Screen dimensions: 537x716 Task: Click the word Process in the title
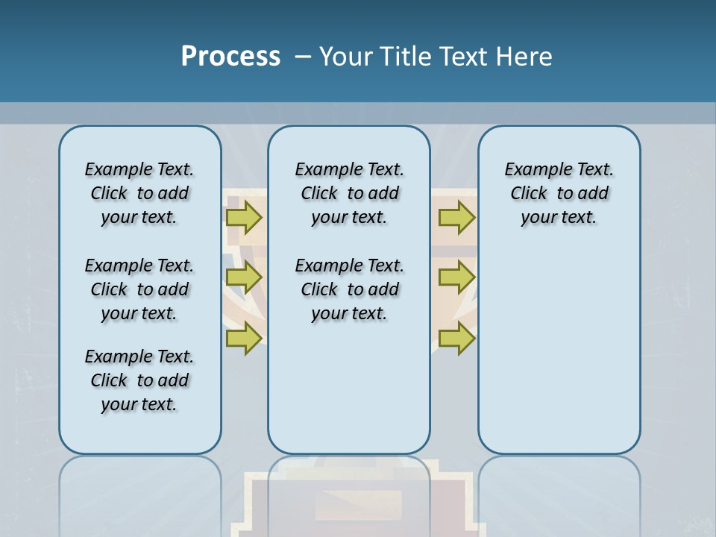click(230, 57)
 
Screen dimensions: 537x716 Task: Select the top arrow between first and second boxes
click(244, 217)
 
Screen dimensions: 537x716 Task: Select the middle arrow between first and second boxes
click(244, 277)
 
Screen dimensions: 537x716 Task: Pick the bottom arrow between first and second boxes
click(244, 339)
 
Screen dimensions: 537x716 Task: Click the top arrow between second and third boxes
click(456, 217)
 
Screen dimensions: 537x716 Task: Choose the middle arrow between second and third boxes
click(456, 277)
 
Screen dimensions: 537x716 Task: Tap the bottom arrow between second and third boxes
click(456, 339)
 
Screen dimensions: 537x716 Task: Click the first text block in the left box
click(139, 193)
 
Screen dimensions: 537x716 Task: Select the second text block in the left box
click(139, 289)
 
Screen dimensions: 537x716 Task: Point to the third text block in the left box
click(139, 380)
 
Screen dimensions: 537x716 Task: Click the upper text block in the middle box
click(349, 193)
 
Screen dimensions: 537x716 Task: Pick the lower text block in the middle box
click(349, 289)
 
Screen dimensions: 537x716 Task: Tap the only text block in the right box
click(559, 193)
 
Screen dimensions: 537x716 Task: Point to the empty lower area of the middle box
click(349, 388)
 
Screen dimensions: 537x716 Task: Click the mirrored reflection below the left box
click(139, 485)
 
